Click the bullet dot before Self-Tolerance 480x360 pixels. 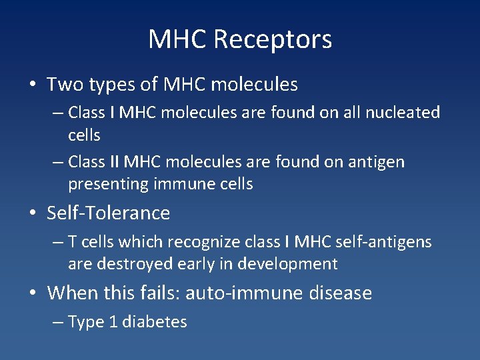(x=32, y=213)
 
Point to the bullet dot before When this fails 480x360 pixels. (x=32, y=293)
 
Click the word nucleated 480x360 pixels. (x=404, y=113)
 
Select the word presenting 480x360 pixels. (x=108, y=185)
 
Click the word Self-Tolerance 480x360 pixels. (x=109, y=213)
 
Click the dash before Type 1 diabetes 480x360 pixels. (x=58, y=322)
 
